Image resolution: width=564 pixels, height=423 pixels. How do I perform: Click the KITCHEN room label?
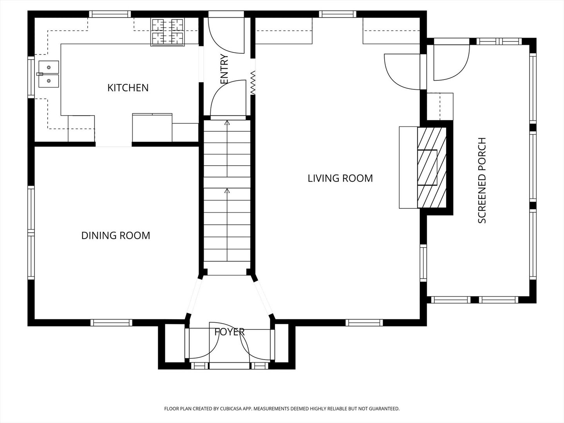pyautogui.click(x=128, y=88)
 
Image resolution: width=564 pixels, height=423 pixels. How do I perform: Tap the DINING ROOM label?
pyautogui.click(x=116, y=235)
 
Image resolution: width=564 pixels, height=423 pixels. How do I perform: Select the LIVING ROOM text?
pyautogui.click(x=340, y=178)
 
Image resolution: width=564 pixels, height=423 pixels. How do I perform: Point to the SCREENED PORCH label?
pyautogui.click(x=482, y=180)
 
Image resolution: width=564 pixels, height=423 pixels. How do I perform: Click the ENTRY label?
pyautogui.click(x=224, y=69)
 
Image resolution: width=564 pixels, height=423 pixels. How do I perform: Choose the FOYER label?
pyautogui.click(x=230, y=332)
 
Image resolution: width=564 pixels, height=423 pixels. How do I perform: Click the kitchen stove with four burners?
pyautogui.click(x=168, y=32)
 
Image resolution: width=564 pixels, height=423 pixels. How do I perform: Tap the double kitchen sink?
pyautogui.click(x=49, y=74)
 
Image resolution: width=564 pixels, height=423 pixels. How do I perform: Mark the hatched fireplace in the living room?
pyautogui.click(x=432, y=168)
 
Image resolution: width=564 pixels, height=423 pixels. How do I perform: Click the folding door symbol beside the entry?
pyautogui.click(x=253, y=82)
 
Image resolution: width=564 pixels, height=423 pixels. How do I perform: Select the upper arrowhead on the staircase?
pyautogui.click(x=227, y=123)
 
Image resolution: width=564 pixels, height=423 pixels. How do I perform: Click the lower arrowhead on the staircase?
pyautogui.click(x=227, y=191)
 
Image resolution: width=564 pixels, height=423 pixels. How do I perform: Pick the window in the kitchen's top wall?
pyautogui.click(x=110, y=14)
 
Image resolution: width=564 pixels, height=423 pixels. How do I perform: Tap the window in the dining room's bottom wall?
pyautogui.click(x=111, y=323)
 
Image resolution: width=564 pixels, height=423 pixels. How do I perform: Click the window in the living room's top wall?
pyautogui.click(x=338, y=14)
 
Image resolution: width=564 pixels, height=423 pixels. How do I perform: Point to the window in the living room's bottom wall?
pyautogui.click(x=364, y=323)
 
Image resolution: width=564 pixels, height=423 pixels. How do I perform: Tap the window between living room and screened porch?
pyautogui.click(x=423, y=263)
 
